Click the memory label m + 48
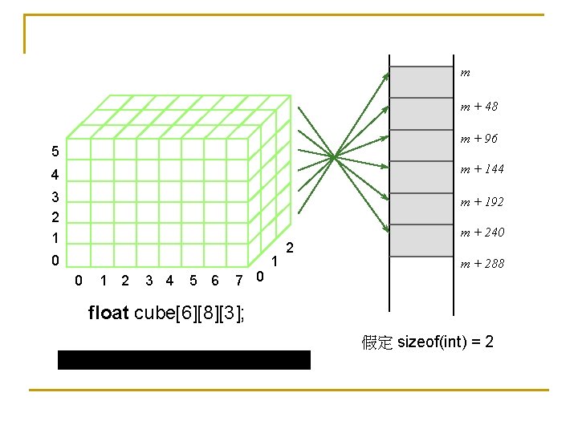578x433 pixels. coord(478,106)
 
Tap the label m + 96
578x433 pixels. coord(478,139)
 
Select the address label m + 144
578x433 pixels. coord(482,169)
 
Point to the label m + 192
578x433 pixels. coord(482,202)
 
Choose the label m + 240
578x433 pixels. coord(482,233)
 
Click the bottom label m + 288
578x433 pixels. coord(482,263)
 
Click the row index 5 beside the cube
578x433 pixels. coord(54,152)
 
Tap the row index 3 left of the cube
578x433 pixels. coord(54,196)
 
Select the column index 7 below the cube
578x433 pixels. coord(238,280)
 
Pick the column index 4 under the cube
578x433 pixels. coord(169,280)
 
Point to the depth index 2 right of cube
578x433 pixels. coord(291,248)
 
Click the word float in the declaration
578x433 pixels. coord(108,313)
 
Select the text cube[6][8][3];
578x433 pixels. coord(189,313)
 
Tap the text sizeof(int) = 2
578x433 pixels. coord(446,342)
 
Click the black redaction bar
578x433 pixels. coord(184,359)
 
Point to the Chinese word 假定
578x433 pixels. coord(377,343)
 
